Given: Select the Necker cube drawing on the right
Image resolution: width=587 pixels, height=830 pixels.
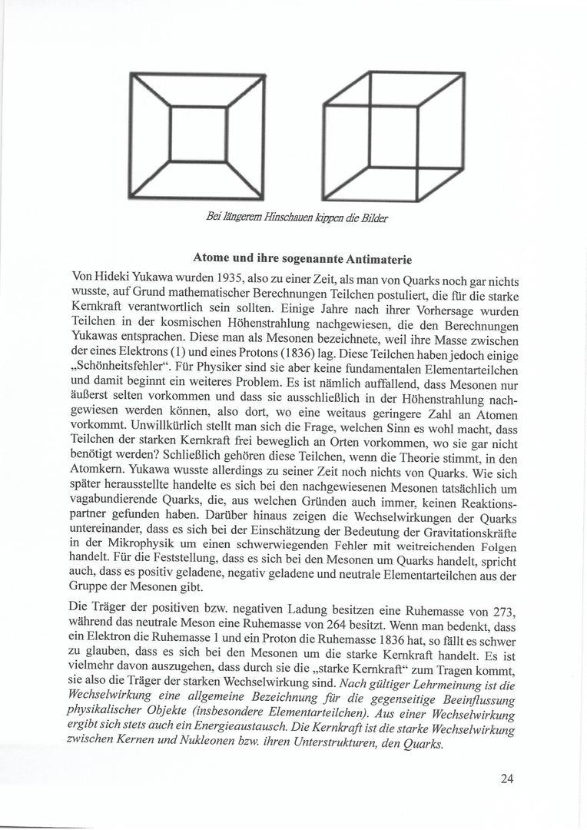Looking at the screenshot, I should tap(394, 136).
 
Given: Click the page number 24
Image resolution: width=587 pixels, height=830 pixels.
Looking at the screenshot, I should tap(507, 779).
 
